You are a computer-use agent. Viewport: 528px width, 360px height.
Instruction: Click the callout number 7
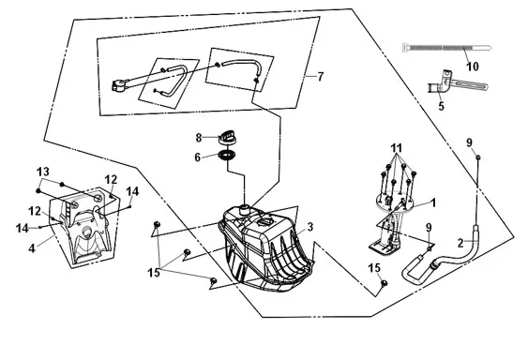click(x=320, y=77)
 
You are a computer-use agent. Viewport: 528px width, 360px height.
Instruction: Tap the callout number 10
click(x=473, y=67)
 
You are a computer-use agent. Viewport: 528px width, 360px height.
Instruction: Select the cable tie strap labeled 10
click(x=446, y=48)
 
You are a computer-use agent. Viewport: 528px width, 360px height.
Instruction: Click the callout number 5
click(x=441, y=106)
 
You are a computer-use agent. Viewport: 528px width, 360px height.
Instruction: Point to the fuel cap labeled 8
click(x=227, y=137)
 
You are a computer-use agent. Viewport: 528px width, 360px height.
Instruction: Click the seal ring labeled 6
click(x=227, y=156)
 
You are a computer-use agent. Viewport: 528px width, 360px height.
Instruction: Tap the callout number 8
click(x=199, y=138)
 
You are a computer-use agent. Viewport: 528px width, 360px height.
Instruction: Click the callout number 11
click(x=397, y=148)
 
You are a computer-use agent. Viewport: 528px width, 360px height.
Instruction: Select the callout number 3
click(x=309, y=227)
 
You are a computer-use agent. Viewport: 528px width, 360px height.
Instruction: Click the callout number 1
click(x=433, y=202)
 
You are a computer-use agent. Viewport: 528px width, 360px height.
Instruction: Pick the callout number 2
click(x=460, y=243)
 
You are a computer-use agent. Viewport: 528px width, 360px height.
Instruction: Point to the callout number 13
click(x=43, y=172)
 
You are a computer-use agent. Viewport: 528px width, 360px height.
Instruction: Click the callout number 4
click(x=32, y=248)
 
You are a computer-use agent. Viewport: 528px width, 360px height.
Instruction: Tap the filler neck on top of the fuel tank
click(x=246, y=208)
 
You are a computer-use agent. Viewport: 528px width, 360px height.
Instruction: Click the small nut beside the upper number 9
click(x=478, y=157)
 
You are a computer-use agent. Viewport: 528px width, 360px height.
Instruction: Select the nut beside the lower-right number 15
click(x=384, y=283)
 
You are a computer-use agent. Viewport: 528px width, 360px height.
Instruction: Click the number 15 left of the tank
click(x=154, y=273)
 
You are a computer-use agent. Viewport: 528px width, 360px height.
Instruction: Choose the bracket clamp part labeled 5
click(x=457, y=83)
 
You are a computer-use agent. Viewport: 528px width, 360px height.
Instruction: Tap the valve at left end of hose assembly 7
click(x=119, y=85)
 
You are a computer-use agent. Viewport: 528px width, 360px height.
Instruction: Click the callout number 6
click(x=198, y=157)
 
